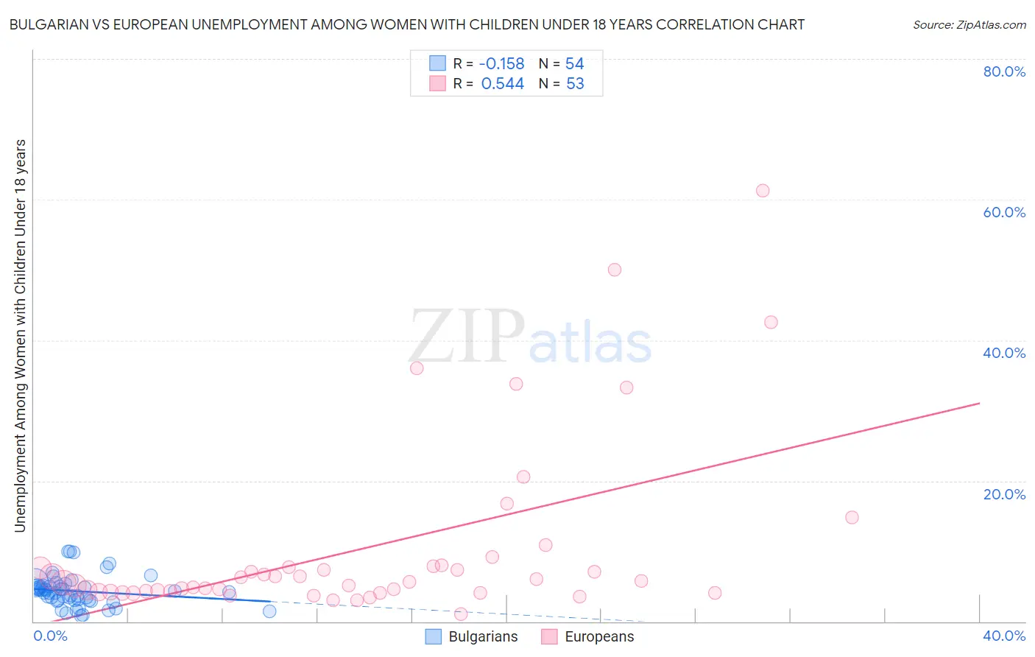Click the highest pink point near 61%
pyautogui.click(x=763, y=191)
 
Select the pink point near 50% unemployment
pyautogui.click(x=615, y=270)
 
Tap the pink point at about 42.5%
pyautogui.click(x=771, y=322)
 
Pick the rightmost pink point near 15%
pyautogui.click(x=852, y=517)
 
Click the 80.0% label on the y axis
pyautogui.click(x=1004, y=71)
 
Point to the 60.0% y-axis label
pyautogui.click(x=1004, y=212)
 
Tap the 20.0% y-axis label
pyautogui.click(x=1004, y=494)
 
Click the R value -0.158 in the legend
pyautogui.click(x=501, y=63)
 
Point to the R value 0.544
pyautogui.click(x=503, y=84)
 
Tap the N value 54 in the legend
pyautogui.click(x=574, y=63)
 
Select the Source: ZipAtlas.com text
pyautogui.click(x=969, y=24)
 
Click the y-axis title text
pyautogui.click(x=20, y=336)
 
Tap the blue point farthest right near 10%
pyautogui.click(x=269, y=611)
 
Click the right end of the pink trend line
pyautogui.click(x=979, y=403)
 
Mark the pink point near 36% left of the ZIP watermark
pyautogui.click(x=417, y=368)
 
